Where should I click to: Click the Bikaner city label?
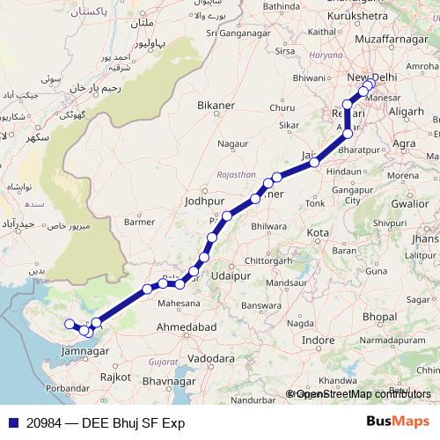216,106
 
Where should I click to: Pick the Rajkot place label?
115,376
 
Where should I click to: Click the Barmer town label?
140,223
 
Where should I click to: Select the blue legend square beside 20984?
11,422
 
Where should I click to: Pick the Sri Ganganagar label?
236,33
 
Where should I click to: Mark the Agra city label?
404,143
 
